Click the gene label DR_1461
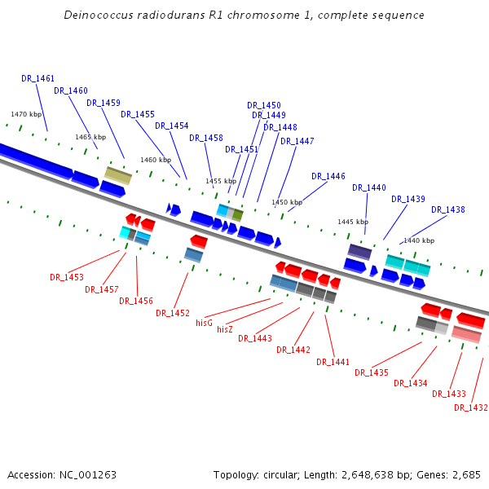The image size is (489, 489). coord(37,79)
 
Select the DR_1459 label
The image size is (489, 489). coord(104,104)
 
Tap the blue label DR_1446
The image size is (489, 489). coord(328,176)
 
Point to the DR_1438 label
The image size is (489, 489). coord(448,209)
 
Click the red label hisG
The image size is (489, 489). coord(204,323)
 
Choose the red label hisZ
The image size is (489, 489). coord(225,329)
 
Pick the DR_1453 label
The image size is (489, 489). coord(66,277)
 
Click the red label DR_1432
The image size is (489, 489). coord(470,407)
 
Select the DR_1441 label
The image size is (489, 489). coord(333,362)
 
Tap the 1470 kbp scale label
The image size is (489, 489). coord(26,115)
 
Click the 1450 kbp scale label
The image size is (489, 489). coord(287,202)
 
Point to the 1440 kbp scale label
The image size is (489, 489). coord(419,241)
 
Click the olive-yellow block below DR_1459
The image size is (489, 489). coord(118,175)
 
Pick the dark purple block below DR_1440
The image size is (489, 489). coord(359,252)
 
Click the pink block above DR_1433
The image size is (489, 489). coord(466,334)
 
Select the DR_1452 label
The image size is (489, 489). coord(173,313)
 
